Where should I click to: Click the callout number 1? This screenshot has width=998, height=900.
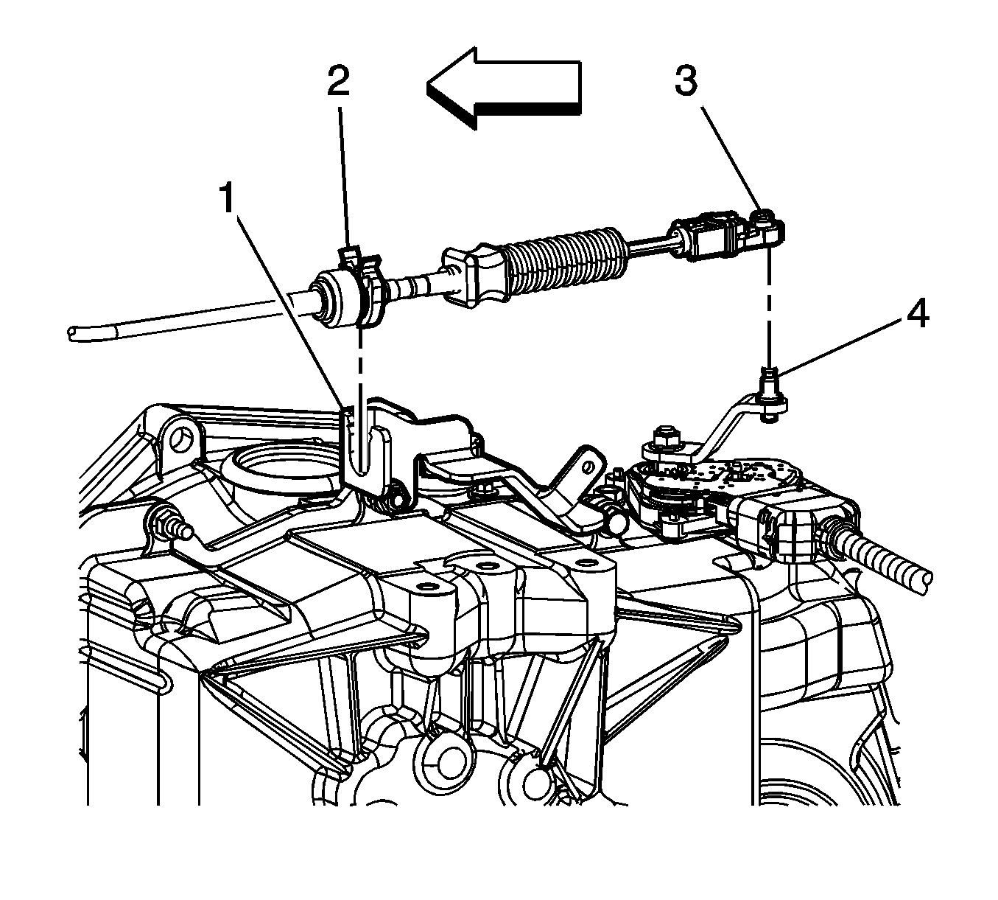pyautogui.click(x=227, y=198)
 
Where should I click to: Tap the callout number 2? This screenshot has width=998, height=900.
pyautogui.click(x=338, y=81)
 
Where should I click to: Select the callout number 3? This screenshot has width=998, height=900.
pyautogui.click(x=686, y=81)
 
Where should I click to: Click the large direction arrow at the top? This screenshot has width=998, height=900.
pyautogui.click(x=504, y=88)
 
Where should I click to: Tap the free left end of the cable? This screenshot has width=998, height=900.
pyautogui.click(x=73, y=333)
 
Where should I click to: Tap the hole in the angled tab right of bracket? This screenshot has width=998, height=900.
pyautogui.click(x=589, y=467)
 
